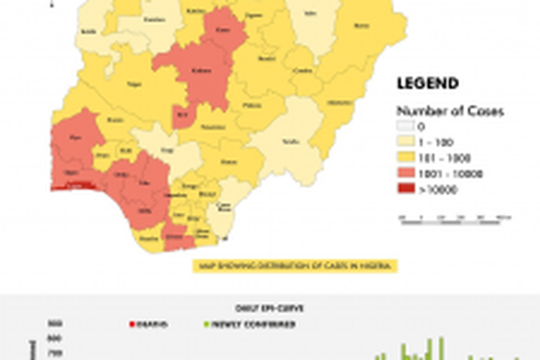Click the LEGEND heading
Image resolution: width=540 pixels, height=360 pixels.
pyautogui.click(x=427, y=83)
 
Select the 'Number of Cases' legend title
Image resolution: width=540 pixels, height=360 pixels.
pyautogui.click(x=450, y=111)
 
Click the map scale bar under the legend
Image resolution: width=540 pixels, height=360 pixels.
pyautogui.click(x=455, y=218)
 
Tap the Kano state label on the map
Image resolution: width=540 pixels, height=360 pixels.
pyautogui.click(x=224, y=32)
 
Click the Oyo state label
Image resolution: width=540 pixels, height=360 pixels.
pyautogui.click(x=76, y=140)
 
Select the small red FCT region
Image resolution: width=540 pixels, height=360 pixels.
pyautogui.click(x=182, y=115)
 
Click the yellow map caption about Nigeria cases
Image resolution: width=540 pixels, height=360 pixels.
pyautogui.click(x=294, y=266)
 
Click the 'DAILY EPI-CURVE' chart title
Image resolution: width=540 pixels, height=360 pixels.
pyautogui.click(x=269, y=308)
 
